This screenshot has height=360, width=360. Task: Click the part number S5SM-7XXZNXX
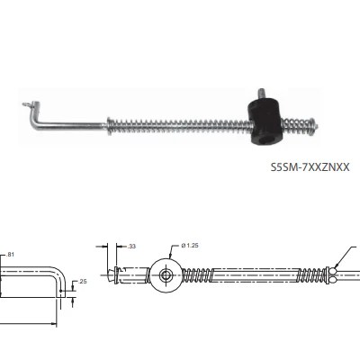310,166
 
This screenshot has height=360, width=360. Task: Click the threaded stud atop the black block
262,93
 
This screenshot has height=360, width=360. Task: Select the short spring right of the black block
295,125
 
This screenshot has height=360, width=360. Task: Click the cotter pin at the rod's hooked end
28,104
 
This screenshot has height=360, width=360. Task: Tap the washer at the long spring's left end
109,125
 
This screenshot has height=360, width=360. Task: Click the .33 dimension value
131,247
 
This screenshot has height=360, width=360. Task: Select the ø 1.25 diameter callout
190,246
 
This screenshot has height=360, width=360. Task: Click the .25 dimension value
82,282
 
